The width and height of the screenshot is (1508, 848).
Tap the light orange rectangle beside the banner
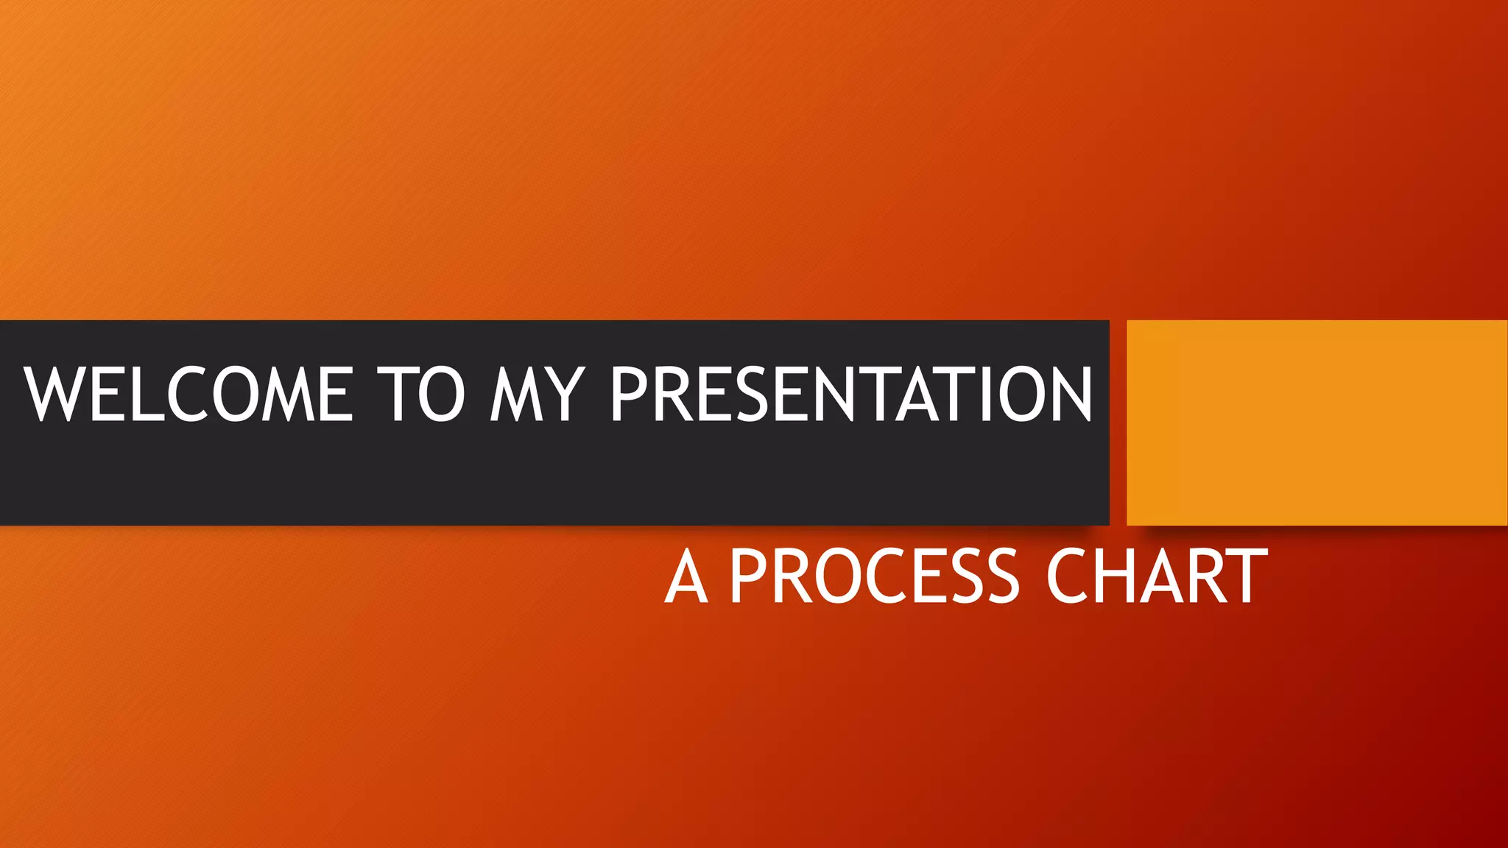click(x=1317, y=423)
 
